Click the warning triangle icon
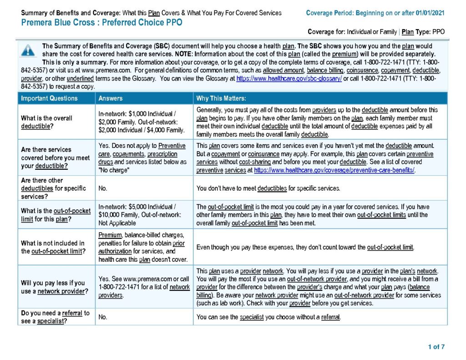coord(28,51)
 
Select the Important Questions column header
coord(49,98)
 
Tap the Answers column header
coord(111,98)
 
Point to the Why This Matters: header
coord(221,98)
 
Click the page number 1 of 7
coord(436,347)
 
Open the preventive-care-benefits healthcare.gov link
coord(334,170)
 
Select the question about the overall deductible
coord(46,122)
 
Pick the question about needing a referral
coord(55,317)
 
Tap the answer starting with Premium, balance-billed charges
coord(142,247)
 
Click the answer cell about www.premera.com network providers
coord(144,287)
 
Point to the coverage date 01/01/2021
coord(430,13)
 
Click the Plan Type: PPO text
coord(423,32)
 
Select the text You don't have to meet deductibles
coord(268,188)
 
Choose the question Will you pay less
coord(53,287)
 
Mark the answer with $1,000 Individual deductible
coord(142,122)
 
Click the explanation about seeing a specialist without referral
coord(268,317)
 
